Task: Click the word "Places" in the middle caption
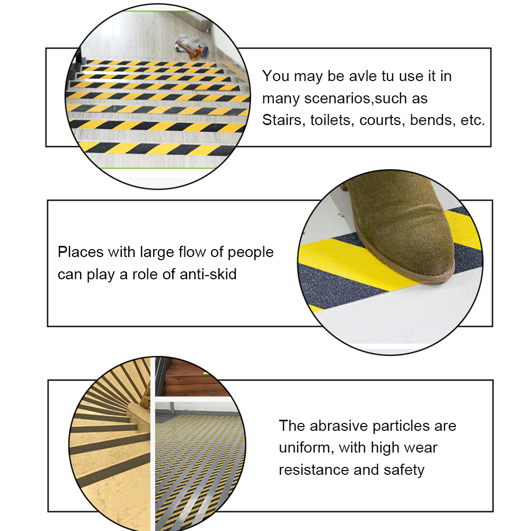(x=81, y=252)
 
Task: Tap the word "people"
(x=250, y=253)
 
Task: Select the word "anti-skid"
(x=208, y=274)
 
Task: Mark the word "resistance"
(x=314, y=470)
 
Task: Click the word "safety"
(x=404, y=471)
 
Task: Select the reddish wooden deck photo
(x=193, y=378)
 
